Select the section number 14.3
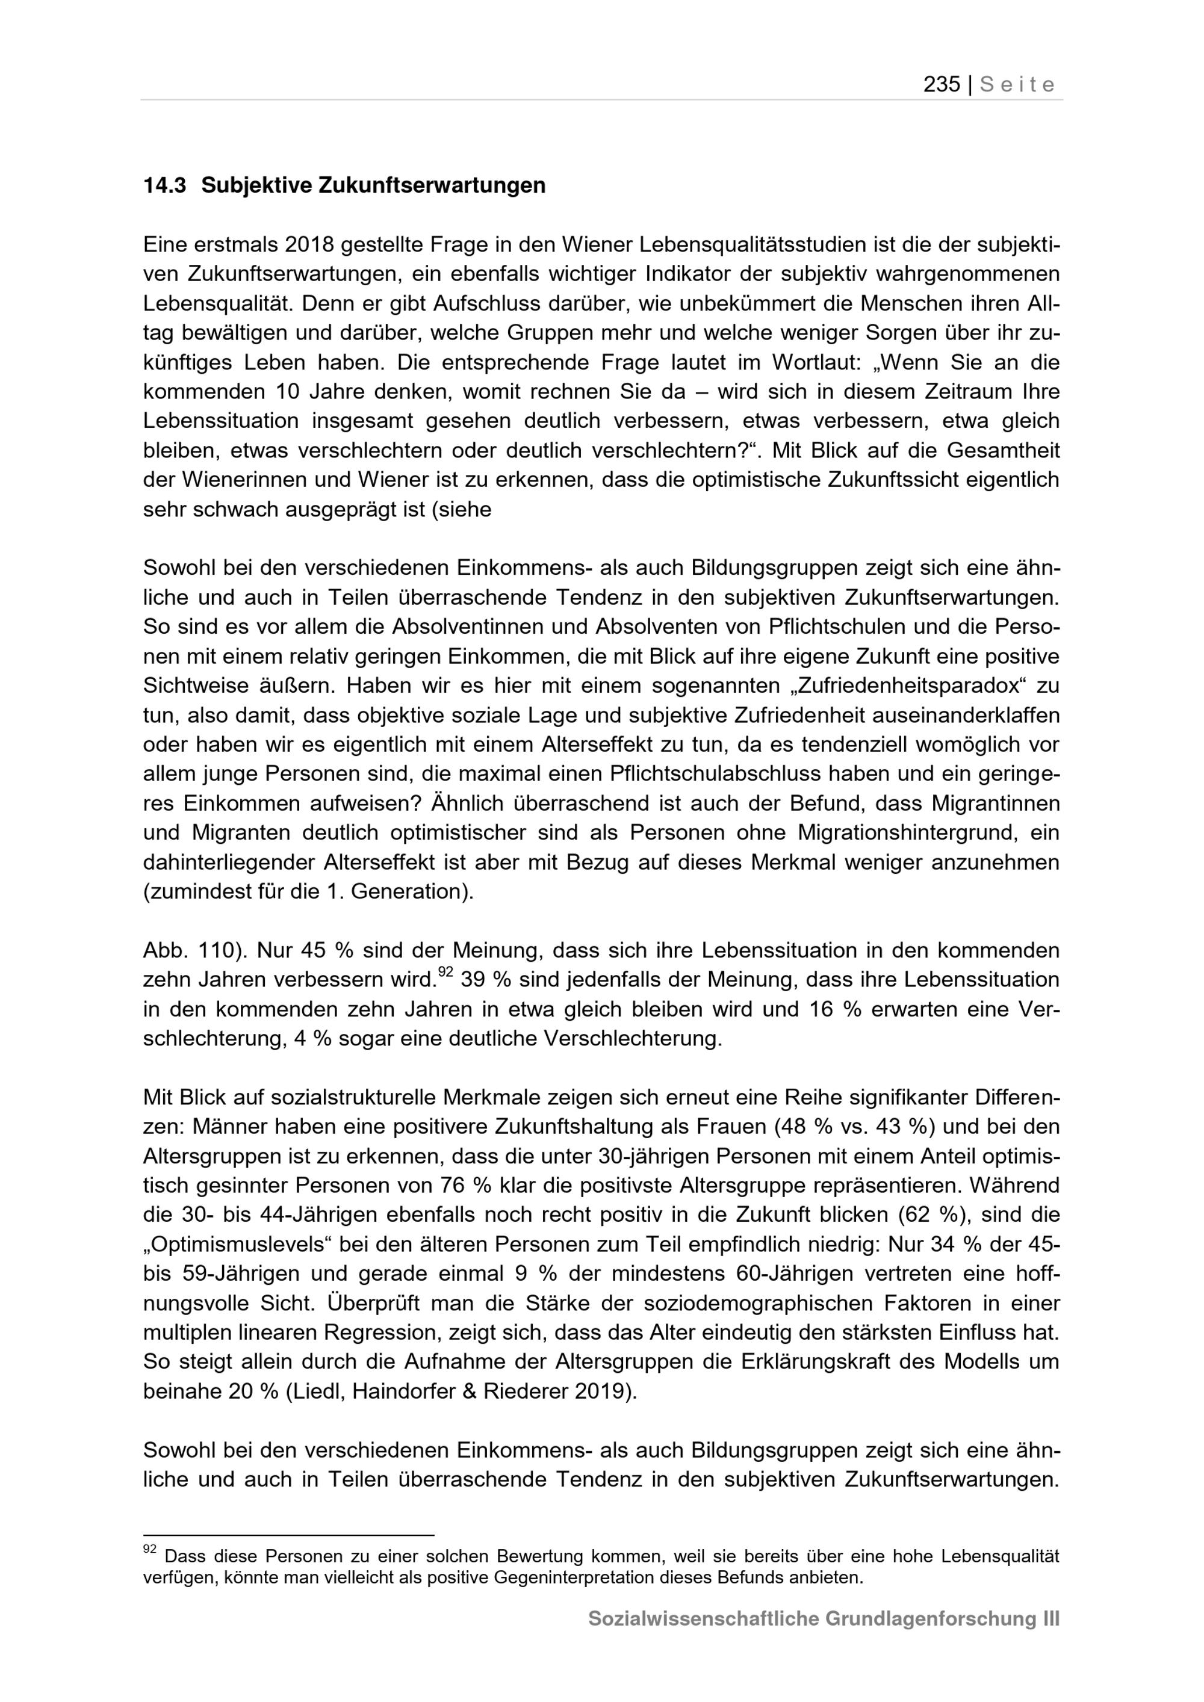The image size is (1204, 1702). point(164,185)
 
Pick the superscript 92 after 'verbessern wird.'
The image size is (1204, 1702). point(445,973)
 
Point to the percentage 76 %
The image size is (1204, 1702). point(467,1186)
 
